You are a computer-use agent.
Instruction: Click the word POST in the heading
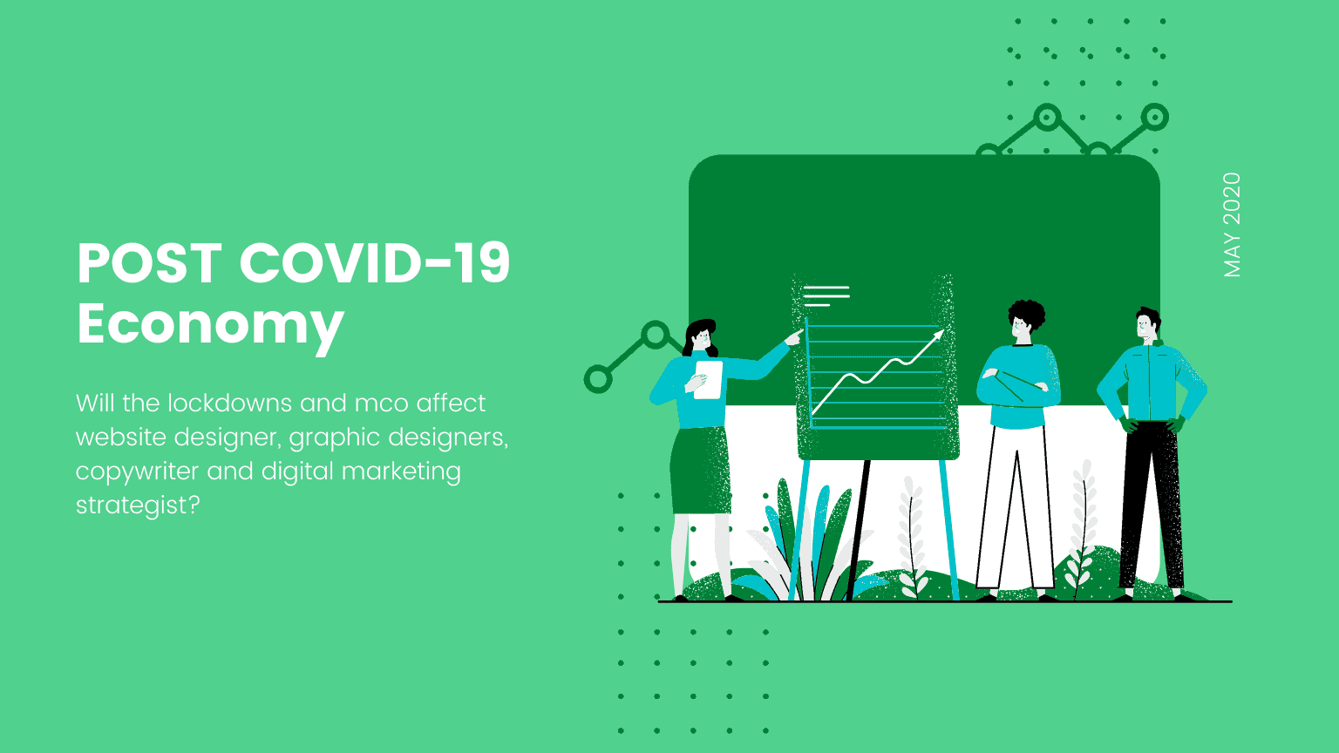pyautogui.click(x=150, y=262)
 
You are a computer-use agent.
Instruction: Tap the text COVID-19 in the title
pyautogui.click(x=375, y=262)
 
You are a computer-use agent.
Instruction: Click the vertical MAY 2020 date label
pyautogui.click(x=1232, y=225)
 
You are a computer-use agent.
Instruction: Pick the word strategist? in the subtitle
pyautogui.click(x=138, y=505)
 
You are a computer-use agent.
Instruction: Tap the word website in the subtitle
pyautogui.click(x=121, y=437)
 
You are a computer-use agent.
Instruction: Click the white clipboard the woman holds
pyautogui.click(x=709, y=379)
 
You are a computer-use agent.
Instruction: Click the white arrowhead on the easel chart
pyautogui.click(x=938, y=336)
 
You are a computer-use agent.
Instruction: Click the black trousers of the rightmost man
pyautogui.click(x=1152, y=505)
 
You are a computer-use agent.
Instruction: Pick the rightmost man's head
pyautogui.click(x=1148, y=326)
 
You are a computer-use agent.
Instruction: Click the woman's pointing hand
pyautogui.click(x=794, y=337)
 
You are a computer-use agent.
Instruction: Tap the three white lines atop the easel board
pyautogui.click(x=826, y=295)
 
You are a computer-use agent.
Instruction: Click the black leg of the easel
pyautogui.click(x=858, y=530)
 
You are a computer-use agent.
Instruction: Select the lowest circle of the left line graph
pyautogui.click(x=598, y=379)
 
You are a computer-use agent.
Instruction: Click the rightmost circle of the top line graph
pyautogui.click(x=1154, y=117)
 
